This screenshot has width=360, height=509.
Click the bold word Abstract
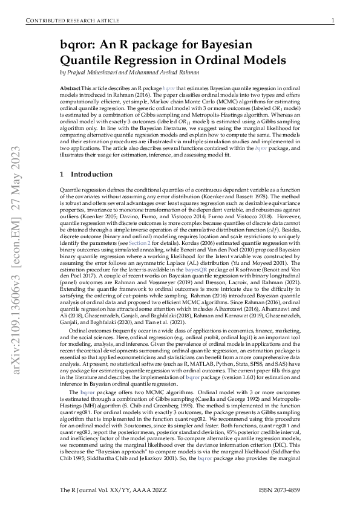70,88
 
